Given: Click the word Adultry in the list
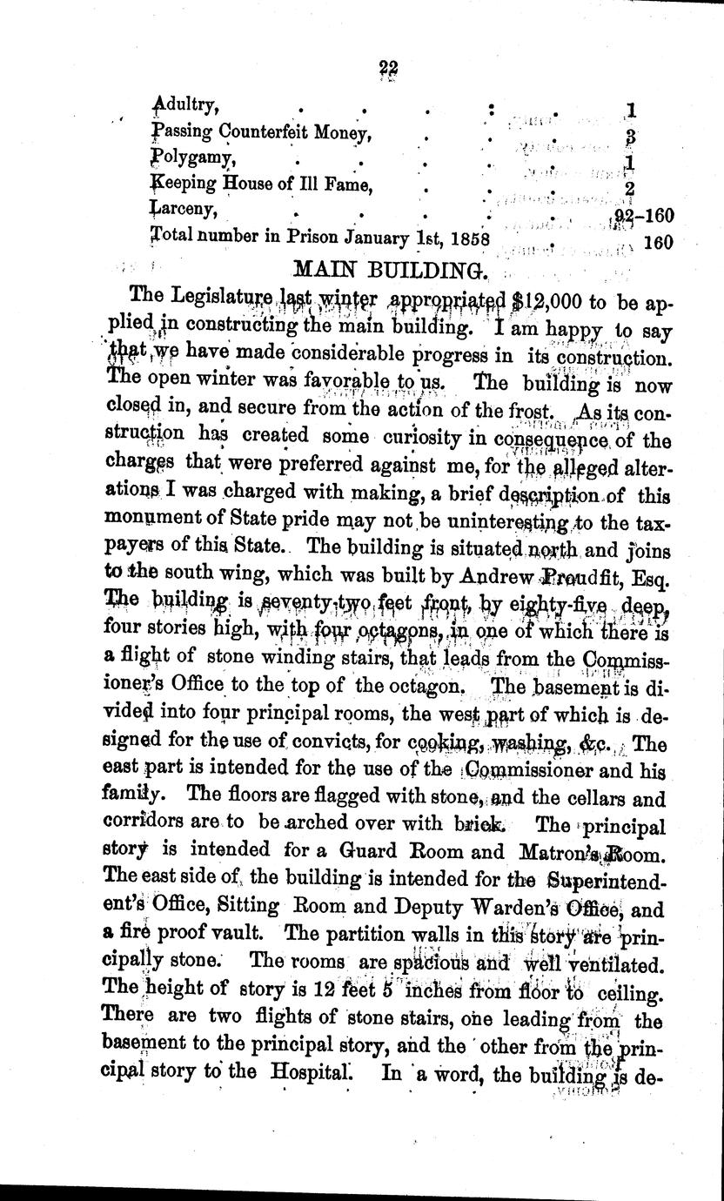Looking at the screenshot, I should [184, 106].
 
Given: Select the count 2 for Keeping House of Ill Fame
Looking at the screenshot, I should [629, 189].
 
